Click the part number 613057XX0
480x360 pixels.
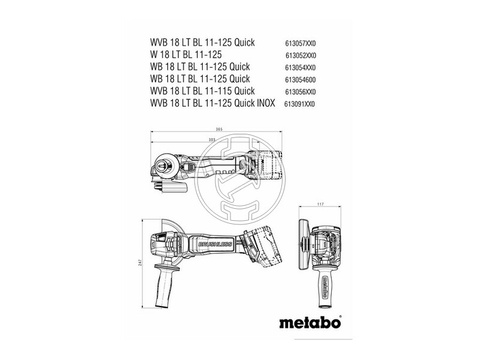[301, 43]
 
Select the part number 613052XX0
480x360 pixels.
[301, 56]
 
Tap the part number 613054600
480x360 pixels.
[301, 80]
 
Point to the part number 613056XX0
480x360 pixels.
[301, 92]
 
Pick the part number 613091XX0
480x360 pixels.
[299, 104]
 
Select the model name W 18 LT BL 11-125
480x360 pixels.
[186, 55]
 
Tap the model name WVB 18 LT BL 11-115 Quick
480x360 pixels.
[202, 91]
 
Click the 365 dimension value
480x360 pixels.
[219, 129]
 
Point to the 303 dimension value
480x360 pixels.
[212, 140]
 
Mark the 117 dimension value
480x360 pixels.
[320, 204]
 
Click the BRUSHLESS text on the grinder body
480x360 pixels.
[215, 244]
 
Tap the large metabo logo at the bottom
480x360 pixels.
[310, 323]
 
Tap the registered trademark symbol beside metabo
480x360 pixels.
[340, 317]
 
